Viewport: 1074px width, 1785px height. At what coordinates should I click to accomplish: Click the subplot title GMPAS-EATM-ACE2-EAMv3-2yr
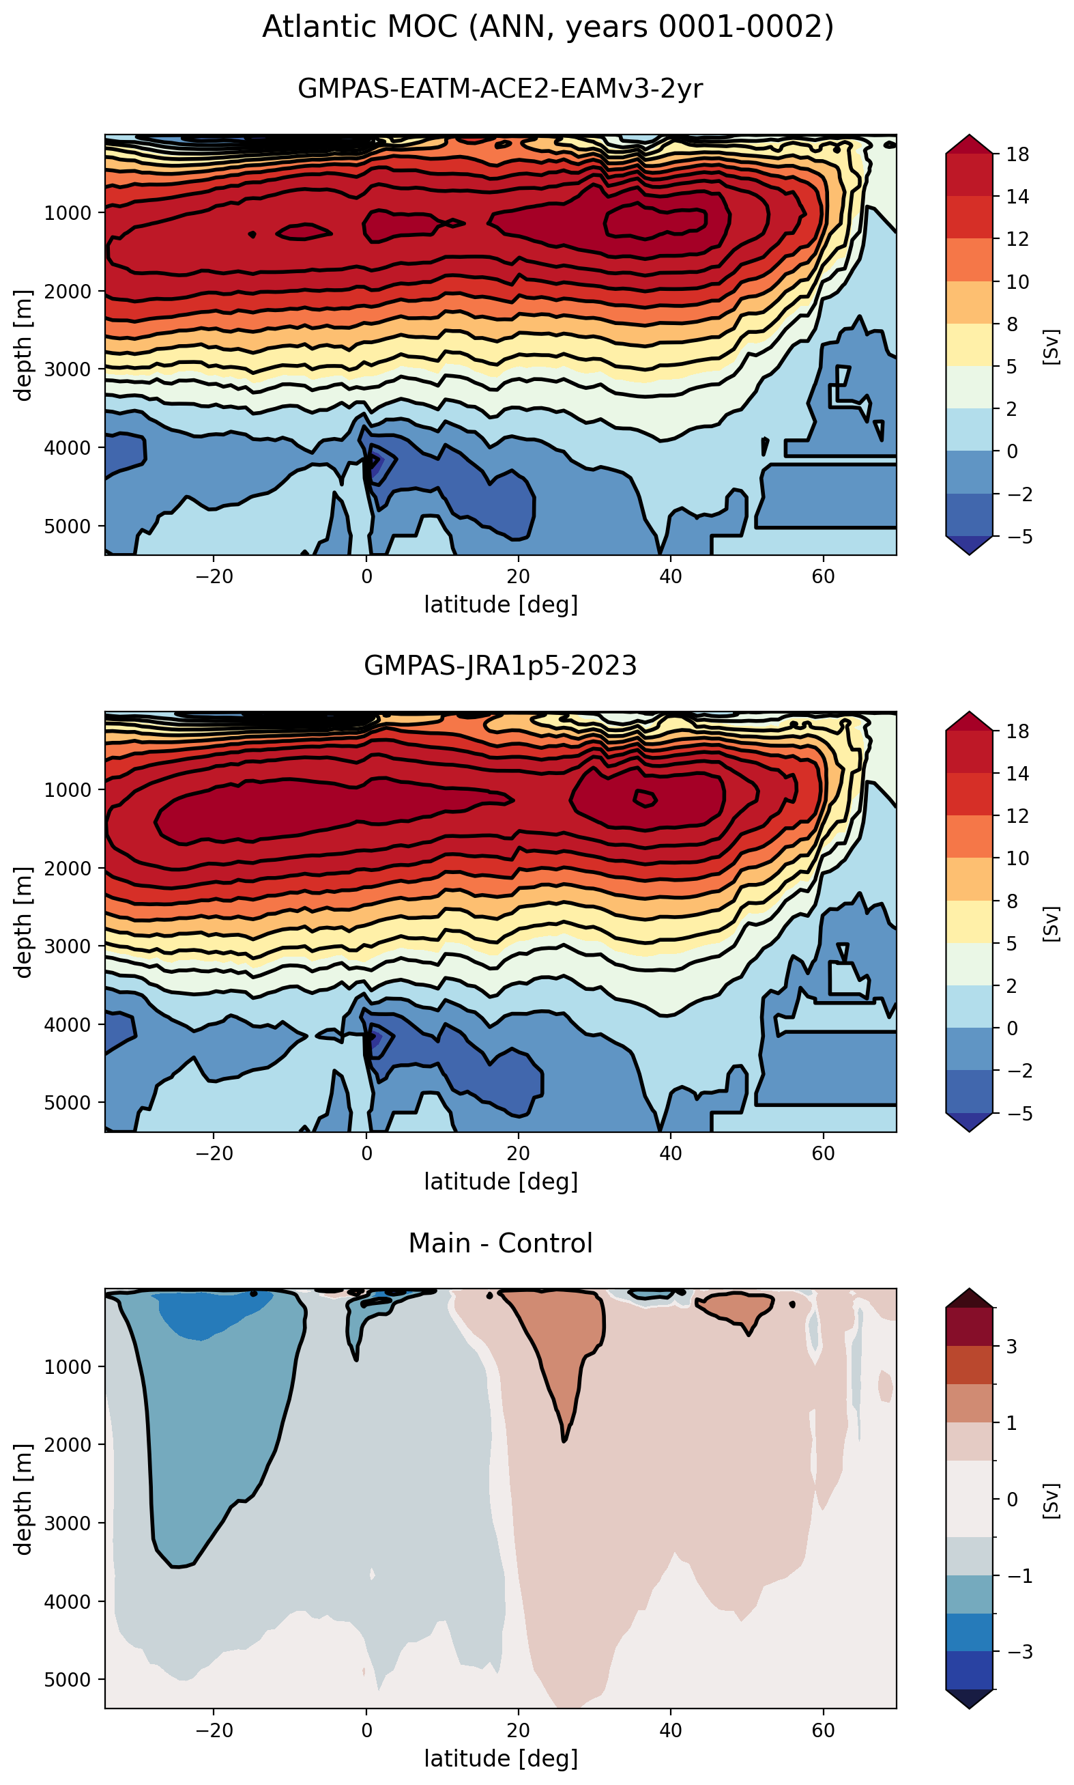(500, 88)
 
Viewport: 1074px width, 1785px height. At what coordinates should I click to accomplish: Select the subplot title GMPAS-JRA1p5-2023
(500, 664)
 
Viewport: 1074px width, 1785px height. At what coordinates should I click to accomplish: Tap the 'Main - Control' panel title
(500, 1243)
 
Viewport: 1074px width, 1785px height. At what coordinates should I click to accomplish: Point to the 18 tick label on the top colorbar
(1017, 154)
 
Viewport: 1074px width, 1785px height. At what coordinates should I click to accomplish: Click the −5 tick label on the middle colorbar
(1013, 1113)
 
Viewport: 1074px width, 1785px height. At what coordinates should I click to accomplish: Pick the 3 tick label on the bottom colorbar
(1012, 1346)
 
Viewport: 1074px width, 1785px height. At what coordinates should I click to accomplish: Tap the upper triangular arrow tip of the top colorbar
(969, 135)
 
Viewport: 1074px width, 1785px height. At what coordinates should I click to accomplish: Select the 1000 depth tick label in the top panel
(68, 213)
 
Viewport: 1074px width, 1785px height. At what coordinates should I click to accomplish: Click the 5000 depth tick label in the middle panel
(68, 1102)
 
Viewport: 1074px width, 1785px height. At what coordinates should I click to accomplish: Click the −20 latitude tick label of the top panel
(214, 576)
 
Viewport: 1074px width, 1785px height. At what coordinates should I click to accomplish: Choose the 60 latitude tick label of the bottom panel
(823, 1730)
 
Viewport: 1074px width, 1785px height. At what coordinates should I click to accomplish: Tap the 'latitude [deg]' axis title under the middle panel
(501, 1181)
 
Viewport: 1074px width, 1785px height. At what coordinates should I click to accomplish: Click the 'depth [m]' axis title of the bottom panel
(24, 1499)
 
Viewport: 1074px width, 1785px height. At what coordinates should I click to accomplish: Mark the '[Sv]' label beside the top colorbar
(1051, 346)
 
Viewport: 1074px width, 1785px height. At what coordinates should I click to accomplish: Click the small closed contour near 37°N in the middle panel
(645, 798)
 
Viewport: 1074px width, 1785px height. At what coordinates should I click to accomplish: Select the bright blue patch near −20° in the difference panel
(210, 1312)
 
